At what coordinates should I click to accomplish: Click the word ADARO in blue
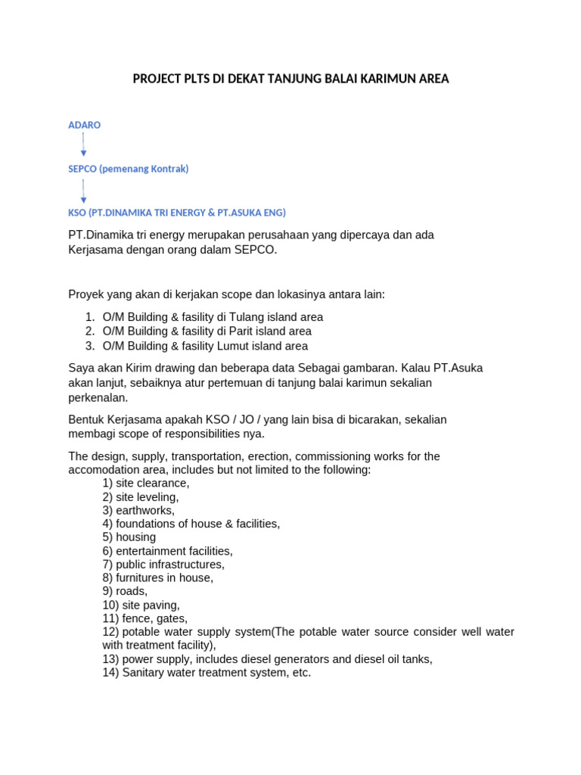click(84, 125)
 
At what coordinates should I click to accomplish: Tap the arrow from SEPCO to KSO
click(83, 191)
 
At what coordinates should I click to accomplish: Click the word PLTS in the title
click(190, 79)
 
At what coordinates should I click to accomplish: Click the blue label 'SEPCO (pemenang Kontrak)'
click(128, 169)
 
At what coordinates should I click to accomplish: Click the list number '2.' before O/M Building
click(89, 331)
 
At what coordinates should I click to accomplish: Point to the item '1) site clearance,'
click(146, 483)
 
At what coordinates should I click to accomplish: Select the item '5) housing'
click(129, 537)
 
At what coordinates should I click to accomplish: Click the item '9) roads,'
click(126, 591)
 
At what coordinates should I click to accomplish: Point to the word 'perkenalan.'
click(98, 397)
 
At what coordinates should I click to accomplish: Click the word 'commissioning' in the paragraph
click(333, 456)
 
